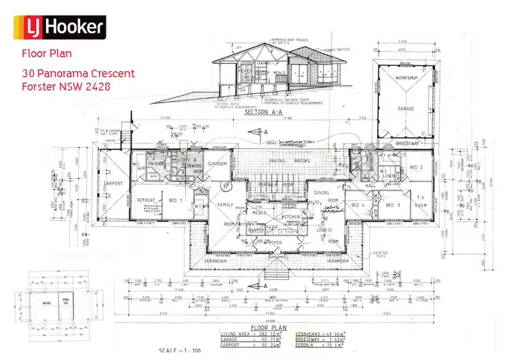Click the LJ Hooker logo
click(64, 27)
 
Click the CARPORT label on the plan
click(113, 184)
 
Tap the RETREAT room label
click(147, 200)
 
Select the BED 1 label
click(174, 200)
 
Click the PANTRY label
click(256, 231)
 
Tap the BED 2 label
click(416, 168)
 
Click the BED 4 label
click(358, 204)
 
